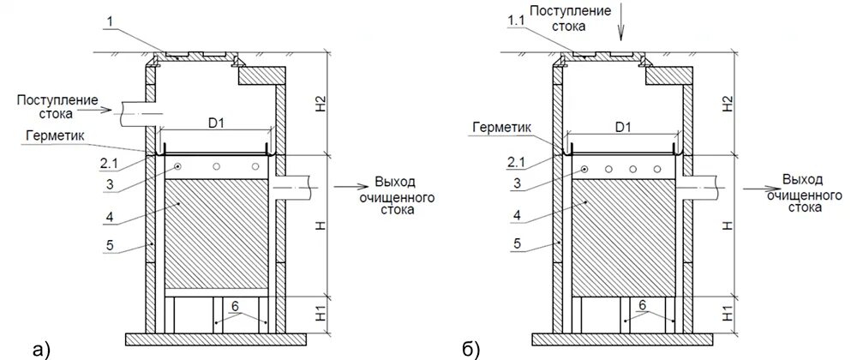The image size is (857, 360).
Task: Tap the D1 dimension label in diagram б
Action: coord(624,127)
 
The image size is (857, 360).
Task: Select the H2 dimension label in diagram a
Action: coord(319,103)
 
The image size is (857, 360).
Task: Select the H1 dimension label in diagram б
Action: coord(727,313)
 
